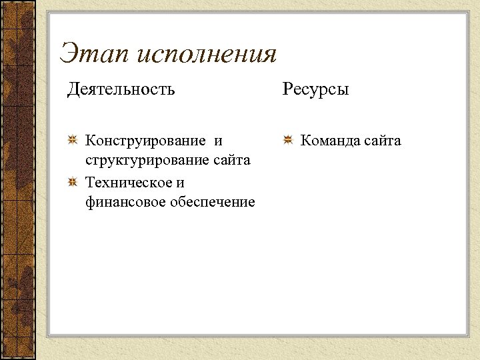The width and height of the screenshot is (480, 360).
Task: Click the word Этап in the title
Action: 93,53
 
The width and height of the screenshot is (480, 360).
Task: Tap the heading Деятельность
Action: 121,89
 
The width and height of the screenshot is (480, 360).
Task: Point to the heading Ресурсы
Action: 315,89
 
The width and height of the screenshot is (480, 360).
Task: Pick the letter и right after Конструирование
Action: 219,141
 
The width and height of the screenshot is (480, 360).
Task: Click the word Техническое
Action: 127,182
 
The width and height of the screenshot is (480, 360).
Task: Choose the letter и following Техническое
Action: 180,182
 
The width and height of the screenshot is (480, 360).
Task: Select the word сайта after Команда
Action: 383,141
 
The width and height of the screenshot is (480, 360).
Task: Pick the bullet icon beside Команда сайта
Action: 288,141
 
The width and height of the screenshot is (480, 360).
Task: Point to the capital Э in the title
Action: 68,53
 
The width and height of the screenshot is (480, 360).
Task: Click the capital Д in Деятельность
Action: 73,89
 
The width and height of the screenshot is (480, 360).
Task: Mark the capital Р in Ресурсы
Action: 287,89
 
